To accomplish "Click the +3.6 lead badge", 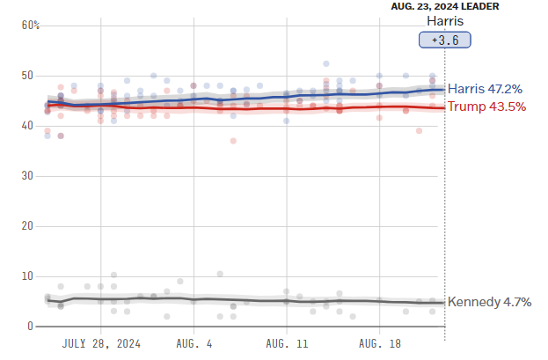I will (x=444, y=40).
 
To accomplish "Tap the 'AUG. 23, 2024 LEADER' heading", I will (x=444, y=6).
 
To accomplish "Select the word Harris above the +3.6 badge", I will (x=444, y=21).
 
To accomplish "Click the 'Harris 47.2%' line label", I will (x=486, y=89).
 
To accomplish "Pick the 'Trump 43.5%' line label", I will (x=486, y=107).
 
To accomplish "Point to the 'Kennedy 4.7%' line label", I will (x=489, y=302).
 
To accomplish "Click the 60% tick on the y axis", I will (x=31, y=26).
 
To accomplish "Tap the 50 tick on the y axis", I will (x=27, y=76).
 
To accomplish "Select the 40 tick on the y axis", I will (x=27, y=126).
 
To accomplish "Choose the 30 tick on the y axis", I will (x=27, y=176).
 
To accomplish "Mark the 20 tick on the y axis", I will (x=27, y=226).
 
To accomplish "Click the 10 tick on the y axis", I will (x=27, y=276).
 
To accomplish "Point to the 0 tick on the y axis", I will (x=30, y=327).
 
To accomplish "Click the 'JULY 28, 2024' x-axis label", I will (x=101, y=343).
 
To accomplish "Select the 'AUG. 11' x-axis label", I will (x=286, y=343).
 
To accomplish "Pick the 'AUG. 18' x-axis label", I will (x=378, y=343).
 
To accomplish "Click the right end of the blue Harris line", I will (x=443, y=89).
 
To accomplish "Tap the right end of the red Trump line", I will (x=443, y=107).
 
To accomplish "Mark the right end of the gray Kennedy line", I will (x=443, y=303).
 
